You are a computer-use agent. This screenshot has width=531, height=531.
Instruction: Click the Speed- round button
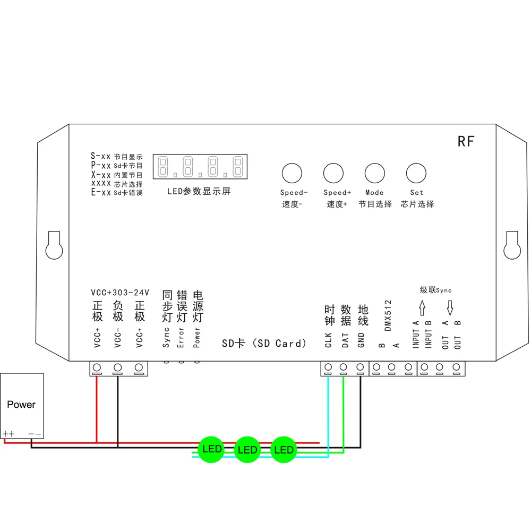tap(292, 173)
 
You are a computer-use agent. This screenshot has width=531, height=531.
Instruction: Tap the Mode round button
tap(374, 173)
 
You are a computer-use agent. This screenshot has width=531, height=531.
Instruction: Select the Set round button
tap(416, 173)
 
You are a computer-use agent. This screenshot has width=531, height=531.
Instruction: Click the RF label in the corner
tap(466, 141)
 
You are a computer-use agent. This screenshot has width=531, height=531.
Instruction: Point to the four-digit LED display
tap(200, 167)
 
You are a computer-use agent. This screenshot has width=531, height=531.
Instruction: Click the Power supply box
tap(22, 405)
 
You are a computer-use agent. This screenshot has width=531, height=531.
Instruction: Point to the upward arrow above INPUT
tap(423, 307)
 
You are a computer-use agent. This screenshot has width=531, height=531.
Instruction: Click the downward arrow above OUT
tap(450, 307)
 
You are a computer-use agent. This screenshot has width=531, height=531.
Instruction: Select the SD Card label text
tap(264, 344)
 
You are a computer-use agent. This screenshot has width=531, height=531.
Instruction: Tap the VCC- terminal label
tap(117, 338)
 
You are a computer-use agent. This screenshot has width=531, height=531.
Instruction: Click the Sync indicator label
tap(166, 337)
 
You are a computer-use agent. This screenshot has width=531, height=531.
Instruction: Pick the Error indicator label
tap(181, 337)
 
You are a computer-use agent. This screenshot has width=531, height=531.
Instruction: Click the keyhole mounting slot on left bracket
tap(54, 245)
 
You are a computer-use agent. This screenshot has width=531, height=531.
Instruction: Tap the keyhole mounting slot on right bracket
tap(512, 245)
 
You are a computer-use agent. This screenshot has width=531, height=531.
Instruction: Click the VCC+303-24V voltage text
tap(121, 293)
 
